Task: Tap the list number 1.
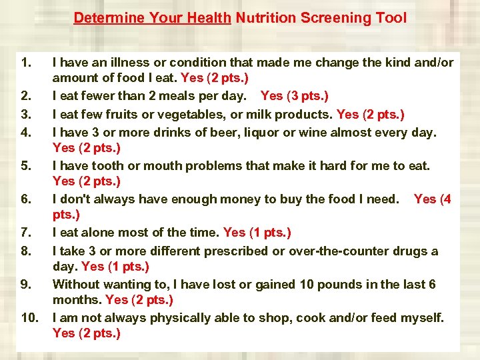26,63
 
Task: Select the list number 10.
30,318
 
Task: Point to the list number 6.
26,199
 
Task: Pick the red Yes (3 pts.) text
294,96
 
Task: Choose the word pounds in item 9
348,284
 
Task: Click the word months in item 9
77,300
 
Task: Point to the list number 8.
26,251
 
